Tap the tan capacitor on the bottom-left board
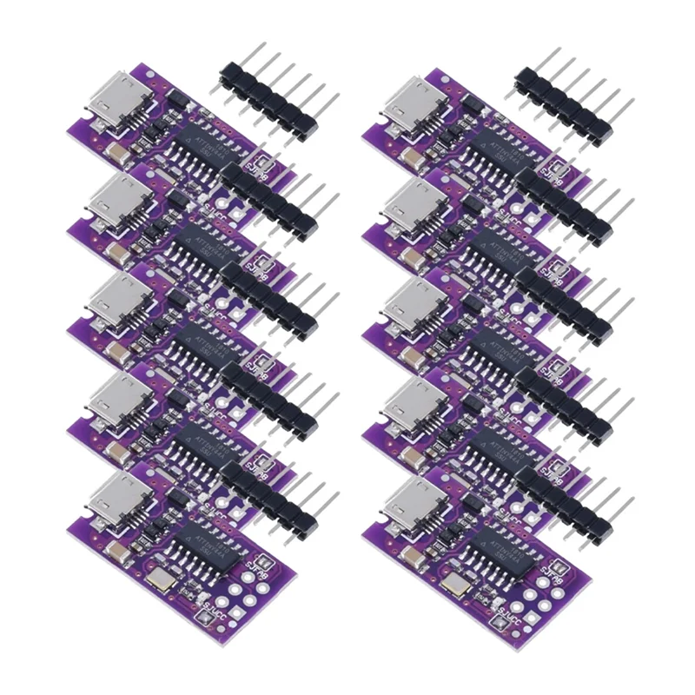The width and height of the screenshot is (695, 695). tap(116, 552)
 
